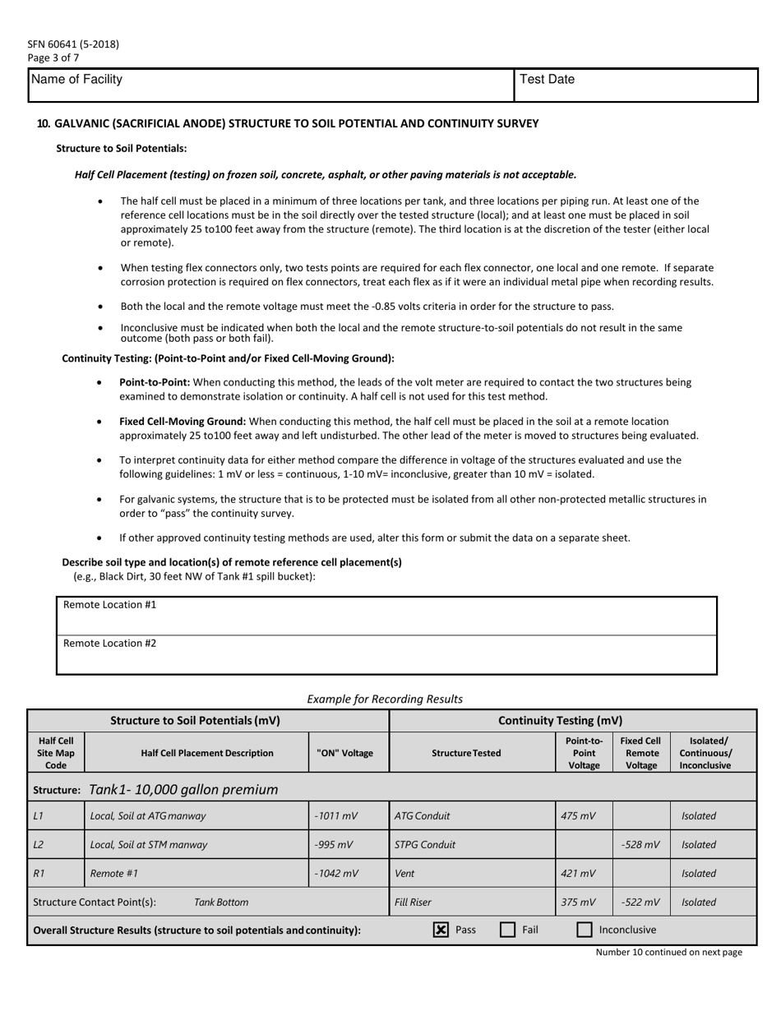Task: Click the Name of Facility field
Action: tap(271, 85)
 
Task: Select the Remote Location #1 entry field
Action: tap(386, 616)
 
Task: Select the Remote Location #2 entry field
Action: tap(386, 654)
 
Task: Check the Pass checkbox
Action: tap(441, 930)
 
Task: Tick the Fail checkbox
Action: tap(508, 930)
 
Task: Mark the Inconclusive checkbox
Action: tap(585, 930)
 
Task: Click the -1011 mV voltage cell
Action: tap(335, 816)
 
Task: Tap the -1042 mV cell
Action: tap(335, 873)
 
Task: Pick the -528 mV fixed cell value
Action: tap(641, 844)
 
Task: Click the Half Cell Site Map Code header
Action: tap(56, 753)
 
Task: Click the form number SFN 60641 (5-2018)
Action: tap(73, 44)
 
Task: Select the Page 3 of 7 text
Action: tap(53, 58)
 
